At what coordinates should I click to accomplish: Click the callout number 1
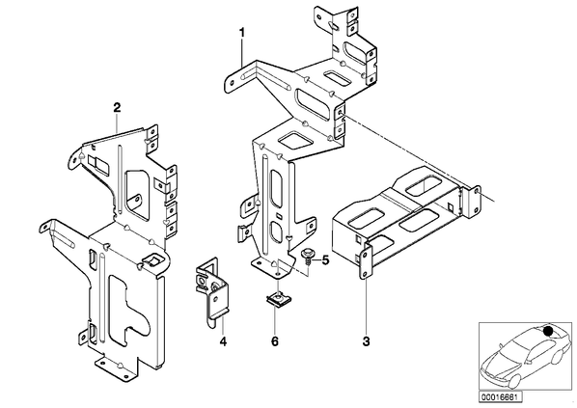[x=242, y=33]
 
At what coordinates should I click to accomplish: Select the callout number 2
[x=117, y=107]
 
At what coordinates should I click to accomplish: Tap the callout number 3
[x=366, y=341]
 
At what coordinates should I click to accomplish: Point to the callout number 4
[x=223, y=341]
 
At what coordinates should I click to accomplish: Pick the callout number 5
[x=326, y=260]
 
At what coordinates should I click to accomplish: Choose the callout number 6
[x=275, y=341]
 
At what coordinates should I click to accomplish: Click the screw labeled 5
[x=307, y=258]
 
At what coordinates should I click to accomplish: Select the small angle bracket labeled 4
[x=210, y=291]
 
